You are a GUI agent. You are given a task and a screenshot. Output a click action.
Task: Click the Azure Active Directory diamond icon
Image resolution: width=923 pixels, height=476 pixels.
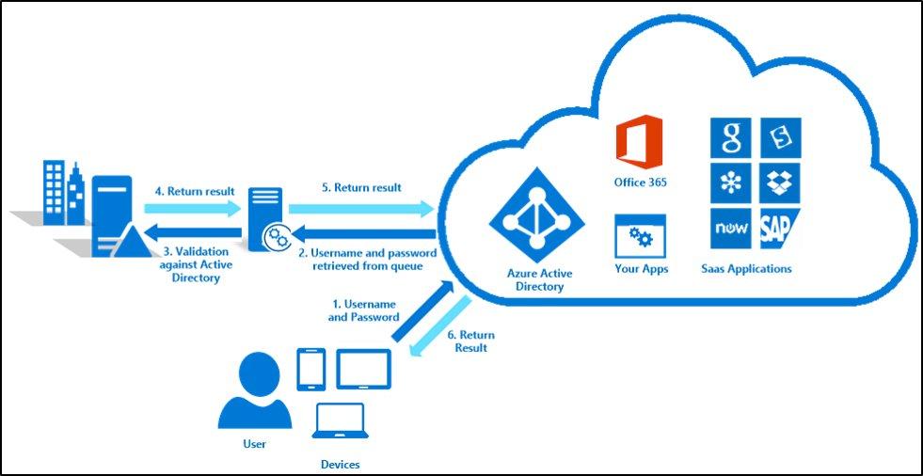point(533,218)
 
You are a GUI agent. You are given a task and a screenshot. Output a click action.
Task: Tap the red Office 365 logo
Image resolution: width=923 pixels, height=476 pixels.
point(640,143)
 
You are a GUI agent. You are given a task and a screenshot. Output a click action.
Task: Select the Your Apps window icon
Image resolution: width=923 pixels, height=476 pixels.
point(640,236)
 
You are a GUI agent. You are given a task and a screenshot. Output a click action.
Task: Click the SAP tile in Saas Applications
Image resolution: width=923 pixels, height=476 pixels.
point(781,229)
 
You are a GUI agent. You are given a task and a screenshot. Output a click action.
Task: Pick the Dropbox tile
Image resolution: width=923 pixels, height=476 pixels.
point(781,182)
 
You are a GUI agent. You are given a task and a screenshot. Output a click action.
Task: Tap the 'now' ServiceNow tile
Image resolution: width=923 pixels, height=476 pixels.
point(731,229)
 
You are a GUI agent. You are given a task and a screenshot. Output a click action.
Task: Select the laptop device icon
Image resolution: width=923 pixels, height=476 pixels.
point(340,424)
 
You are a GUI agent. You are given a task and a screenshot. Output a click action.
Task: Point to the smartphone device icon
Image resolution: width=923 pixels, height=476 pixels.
point(310,369)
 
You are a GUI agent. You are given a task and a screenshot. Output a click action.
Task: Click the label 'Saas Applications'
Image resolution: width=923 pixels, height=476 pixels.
point(746,269)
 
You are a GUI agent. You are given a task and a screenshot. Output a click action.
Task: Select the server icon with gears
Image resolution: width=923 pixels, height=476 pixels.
point(266,217)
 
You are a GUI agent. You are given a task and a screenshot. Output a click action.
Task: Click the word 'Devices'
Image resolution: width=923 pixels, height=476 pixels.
point(340,465)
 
